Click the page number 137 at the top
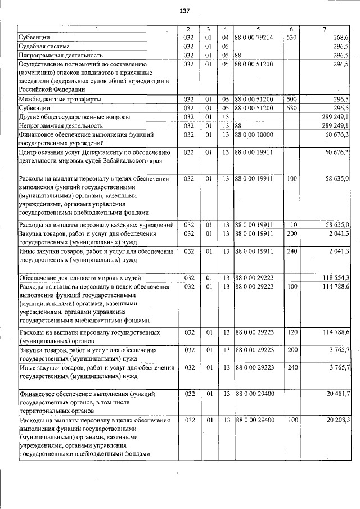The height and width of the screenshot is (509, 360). coord(183,12)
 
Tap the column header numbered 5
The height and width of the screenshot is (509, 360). coord(258,29)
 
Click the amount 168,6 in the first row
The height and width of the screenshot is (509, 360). coord(340,37)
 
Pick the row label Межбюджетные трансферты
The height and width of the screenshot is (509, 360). coord(60,99)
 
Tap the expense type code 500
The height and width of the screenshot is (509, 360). coord(291,99)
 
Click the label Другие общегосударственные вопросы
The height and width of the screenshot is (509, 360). coord(74,116)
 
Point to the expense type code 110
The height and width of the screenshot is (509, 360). coord(291,225)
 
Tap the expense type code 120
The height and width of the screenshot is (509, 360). coord(291,333)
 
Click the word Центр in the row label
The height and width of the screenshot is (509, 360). coord(29,152)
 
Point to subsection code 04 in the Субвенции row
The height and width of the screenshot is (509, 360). coord(224,37)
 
